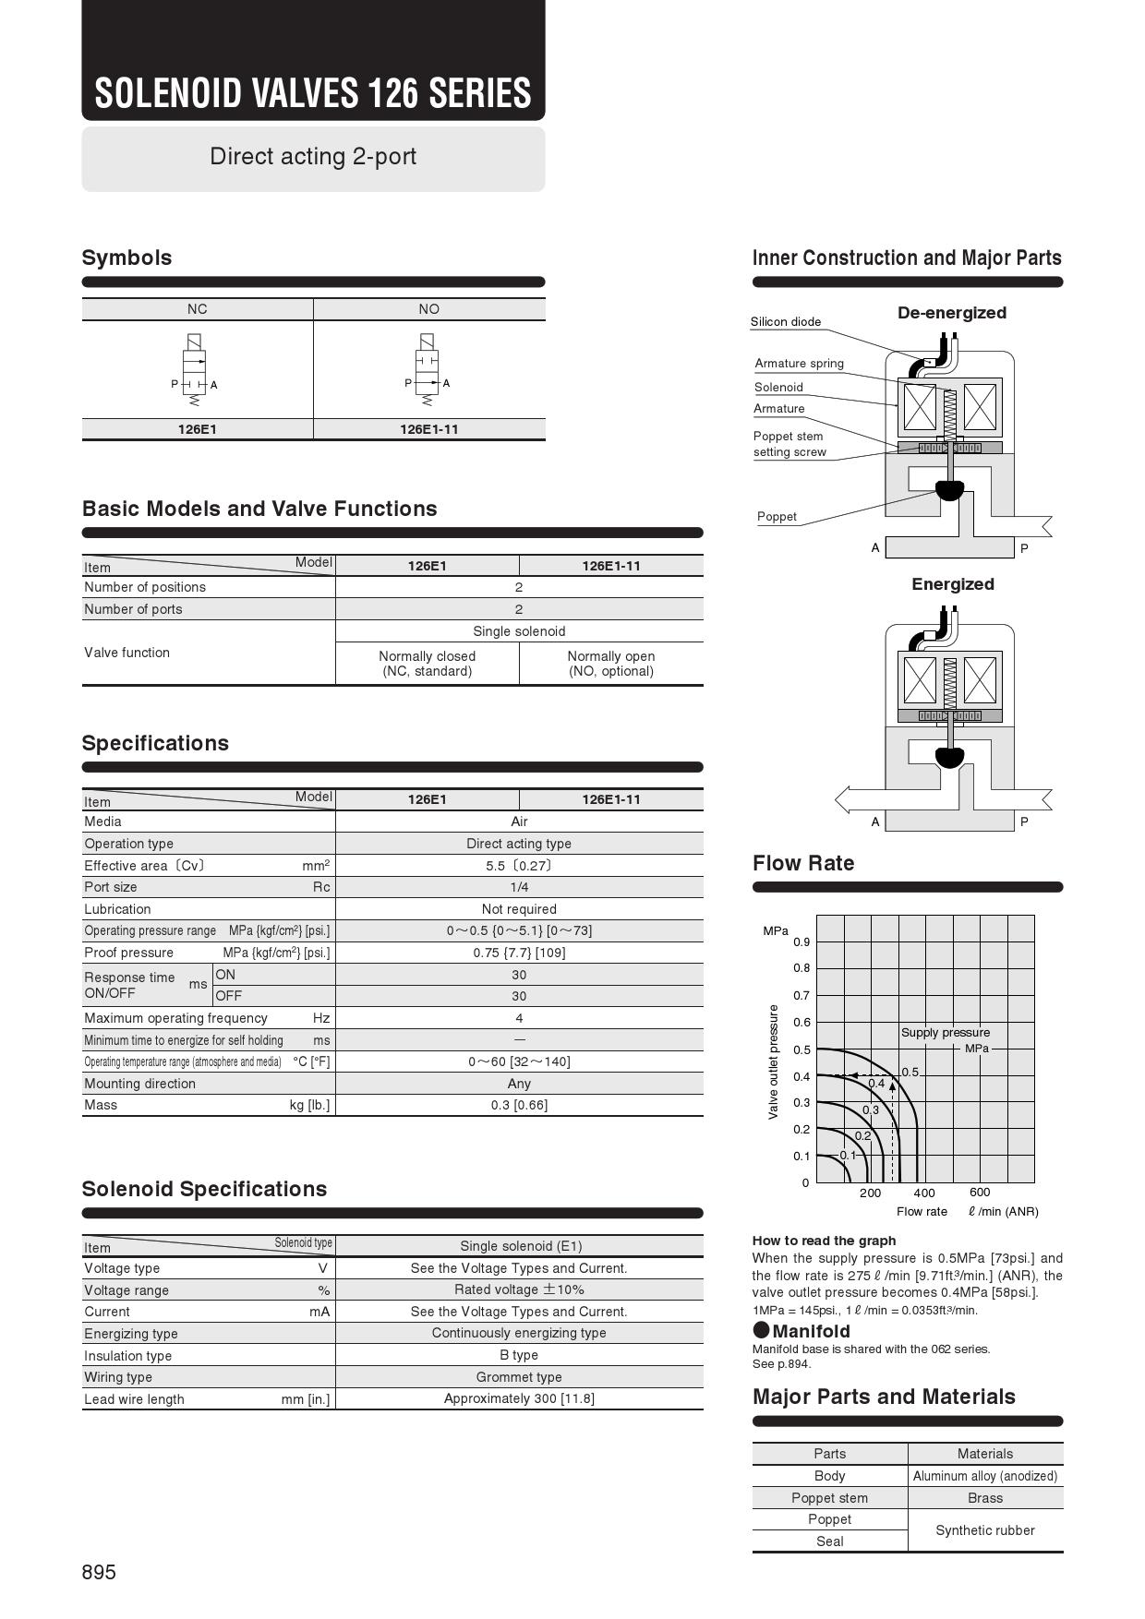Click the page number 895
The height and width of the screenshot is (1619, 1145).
tap(99, 1572)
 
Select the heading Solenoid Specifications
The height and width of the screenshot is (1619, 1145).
tap(204, 1189)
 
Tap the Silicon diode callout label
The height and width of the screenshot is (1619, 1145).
tap(785, 322)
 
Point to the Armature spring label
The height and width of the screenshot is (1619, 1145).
tap(799, 364)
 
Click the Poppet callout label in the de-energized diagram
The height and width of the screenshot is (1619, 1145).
tap(777, 517)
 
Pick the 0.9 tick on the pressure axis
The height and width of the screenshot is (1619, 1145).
tap(801, 942)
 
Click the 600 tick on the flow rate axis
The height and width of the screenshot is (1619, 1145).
tap(980, 1193)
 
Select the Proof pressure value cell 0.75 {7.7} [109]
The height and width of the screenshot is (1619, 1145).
tap(519, 953)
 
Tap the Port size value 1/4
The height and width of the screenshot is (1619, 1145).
tap(519, 887)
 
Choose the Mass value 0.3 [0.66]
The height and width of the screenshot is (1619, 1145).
tap(519, 1105)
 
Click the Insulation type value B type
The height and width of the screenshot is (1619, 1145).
tap(519, 1355)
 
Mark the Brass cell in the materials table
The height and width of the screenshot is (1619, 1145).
tap(985, 1498)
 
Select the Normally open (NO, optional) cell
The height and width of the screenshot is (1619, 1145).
tap(611, 664)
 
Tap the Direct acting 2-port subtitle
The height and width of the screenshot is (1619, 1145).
tap(313, 157)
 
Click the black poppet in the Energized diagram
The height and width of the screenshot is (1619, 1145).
tap(949, 758)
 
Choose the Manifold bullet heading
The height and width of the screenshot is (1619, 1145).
tap(801, 1331)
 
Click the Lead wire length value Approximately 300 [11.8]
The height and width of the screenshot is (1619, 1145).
tap(519, 1398)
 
